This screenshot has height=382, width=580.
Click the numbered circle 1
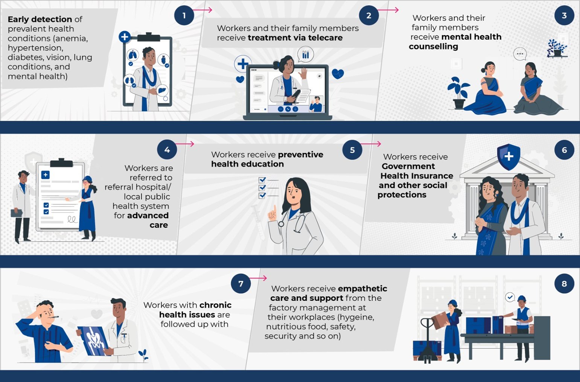tap(184, 15)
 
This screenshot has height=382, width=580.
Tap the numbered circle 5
tap(352, 150)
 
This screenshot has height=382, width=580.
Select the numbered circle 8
tap(564, 284)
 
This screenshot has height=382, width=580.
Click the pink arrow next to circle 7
tap(258, 278)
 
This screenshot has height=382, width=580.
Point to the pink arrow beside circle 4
tap(185, 144)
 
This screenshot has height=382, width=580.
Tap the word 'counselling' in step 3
tap(434, 47)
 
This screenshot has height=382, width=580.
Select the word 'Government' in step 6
tap(408, 166)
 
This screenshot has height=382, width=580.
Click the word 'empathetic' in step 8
tap(362, 289)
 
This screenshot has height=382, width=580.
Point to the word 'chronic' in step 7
tap(215, 305)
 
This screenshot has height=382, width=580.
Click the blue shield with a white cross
tap(508, 157)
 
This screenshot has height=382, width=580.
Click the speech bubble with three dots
tap(520, 54)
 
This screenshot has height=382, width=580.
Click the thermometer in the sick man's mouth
tap(54, 317)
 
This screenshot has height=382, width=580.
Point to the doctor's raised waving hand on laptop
tap(303, 73)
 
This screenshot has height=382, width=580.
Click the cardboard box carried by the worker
tap(440, 320)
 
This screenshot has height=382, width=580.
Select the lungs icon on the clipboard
tap(132, 55)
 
